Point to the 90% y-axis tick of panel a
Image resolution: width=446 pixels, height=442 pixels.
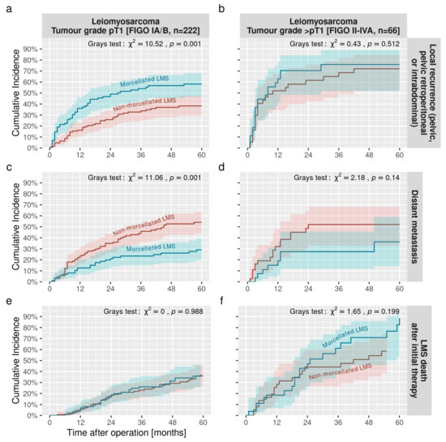pyautogui.click(x=34, y=49)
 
